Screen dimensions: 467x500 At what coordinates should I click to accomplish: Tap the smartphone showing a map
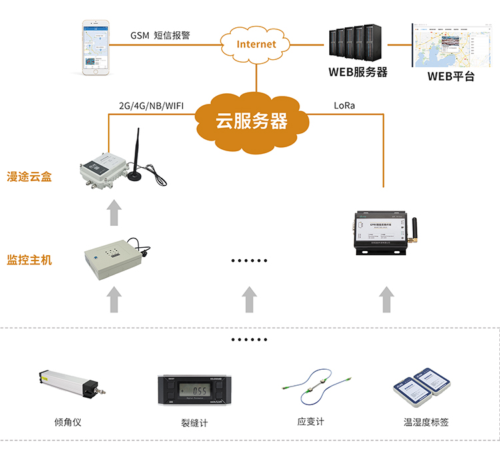95,47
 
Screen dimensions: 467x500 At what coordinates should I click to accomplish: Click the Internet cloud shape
256,44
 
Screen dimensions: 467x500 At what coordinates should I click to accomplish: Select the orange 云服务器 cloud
251,121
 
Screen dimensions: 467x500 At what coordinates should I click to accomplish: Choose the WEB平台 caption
451,76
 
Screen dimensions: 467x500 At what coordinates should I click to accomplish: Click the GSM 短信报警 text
160,35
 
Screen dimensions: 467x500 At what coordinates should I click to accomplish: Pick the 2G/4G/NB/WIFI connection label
151,105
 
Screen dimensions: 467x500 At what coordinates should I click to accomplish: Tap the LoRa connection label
345,105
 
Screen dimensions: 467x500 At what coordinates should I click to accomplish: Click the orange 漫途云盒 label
29,177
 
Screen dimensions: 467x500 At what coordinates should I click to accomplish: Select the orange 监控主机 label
29,260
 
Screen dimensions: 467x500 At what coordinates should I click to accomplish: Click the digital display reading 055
199,390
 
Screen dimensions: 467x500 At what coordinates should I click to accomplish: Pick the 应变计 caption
311,422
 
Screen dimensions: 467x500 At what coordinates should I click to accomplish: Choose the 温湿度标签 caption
427,422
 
